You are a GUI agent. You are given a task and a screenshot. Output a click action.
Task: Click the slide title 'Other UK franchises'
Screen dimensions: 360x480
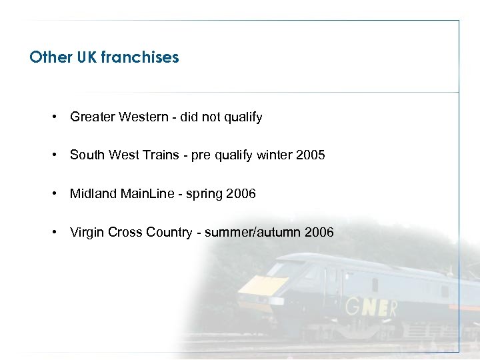pos(104,57)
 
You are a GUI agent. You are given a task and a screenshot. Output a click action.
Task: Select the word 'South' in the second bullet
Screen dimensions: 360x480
pos(87,155)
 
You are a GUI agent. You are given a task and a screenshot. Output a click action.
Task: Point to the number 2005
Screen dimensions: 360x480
pos(311,155)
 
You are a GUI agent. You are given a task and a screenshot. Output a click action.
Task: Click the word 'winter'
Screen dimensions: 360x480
pos(275,155)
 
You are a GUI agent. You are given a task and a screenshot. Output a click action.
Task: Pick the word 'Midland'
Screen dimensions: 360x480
pos(93,194)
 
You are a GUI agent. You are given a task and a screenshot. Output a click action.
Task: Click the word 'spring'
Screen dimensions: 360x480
pos(205,195)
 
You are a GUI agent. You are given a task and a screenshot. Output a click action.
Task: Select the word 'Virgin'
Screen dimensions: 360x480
pos(87,233)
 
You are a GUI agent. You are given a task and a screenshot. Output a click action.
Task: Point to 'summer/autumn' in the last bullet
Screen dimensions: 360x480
pos(253,233)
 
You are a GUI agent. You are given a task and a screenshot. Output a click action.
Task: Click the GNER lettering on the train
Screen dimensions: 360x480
pos(373,309)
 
